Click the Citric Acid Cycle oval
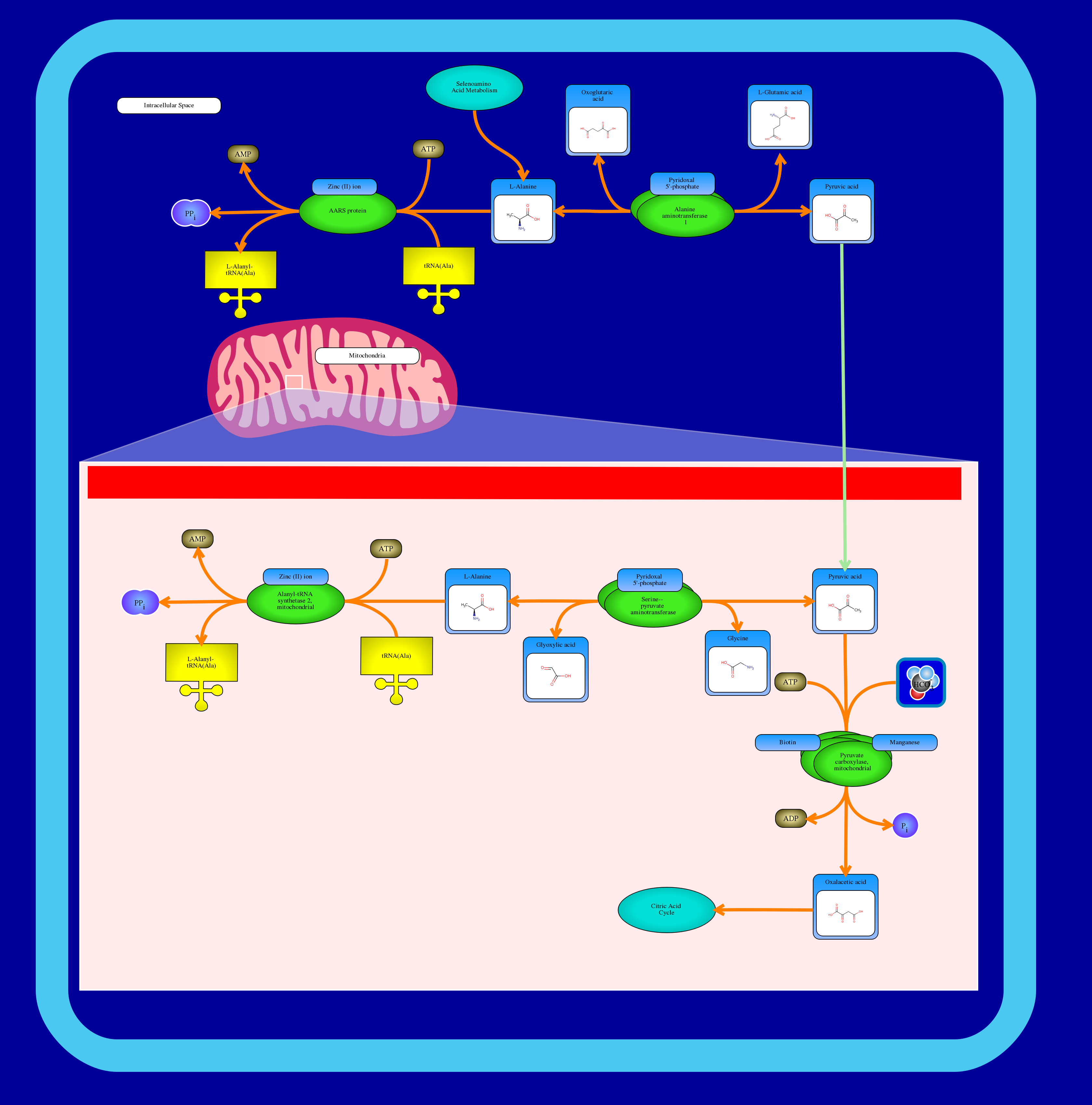666,909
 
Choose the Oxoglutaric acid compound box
598,121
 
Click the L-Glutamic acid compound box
780,117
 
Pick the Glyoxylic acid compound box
555,670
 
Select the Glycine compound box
737,663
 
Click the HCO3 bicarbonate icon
920,682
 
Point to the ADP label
790,818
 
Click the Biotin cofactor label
787,742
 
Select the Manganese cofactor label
904,742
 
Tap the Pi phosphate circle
905,825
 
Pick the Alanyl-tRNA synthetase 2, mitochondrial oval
295,602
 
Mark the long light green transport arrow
843,400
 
